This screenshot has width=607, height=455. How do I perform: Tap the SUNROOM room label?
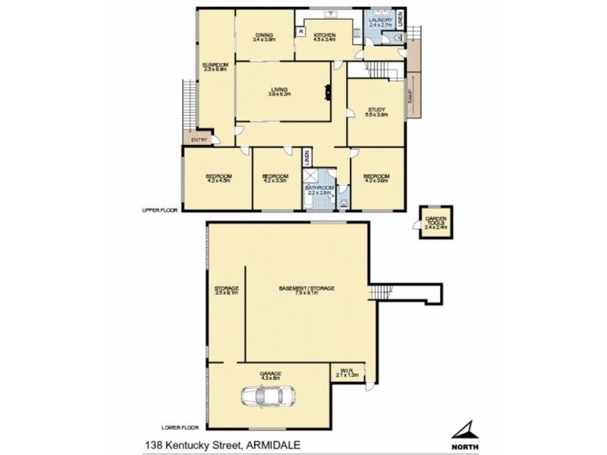pyautogui.click(x=215, y=65)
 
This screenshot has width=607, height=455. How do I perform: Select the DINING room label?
pyautogui.click(x=263, y=34)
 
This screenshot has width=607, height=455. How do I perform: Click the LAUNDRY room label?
pyautogui.click(x=379, y=20)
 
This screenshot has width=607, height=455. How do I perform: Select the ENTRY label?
pyautogui.click(x=199, y=139)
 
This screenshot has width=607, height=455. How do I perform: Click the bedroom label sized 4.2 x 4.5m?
pyautogui.click(x=218, y=177)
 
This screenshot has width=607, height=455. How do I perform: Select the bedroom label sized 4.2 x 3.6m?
pyautogui.click(x=377, y=177)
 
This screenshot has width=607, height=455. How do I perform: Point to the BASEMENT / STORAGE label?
pyautogui.click(x=307, y=288)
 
